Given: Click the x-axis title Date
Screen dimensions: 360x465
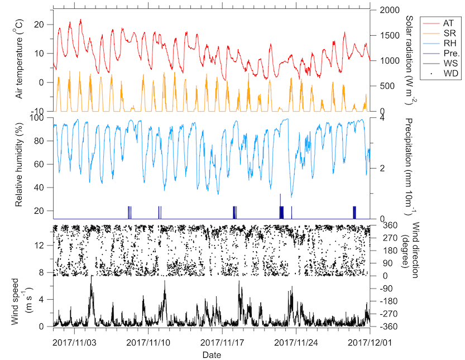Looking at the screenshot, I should (212, 354).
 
